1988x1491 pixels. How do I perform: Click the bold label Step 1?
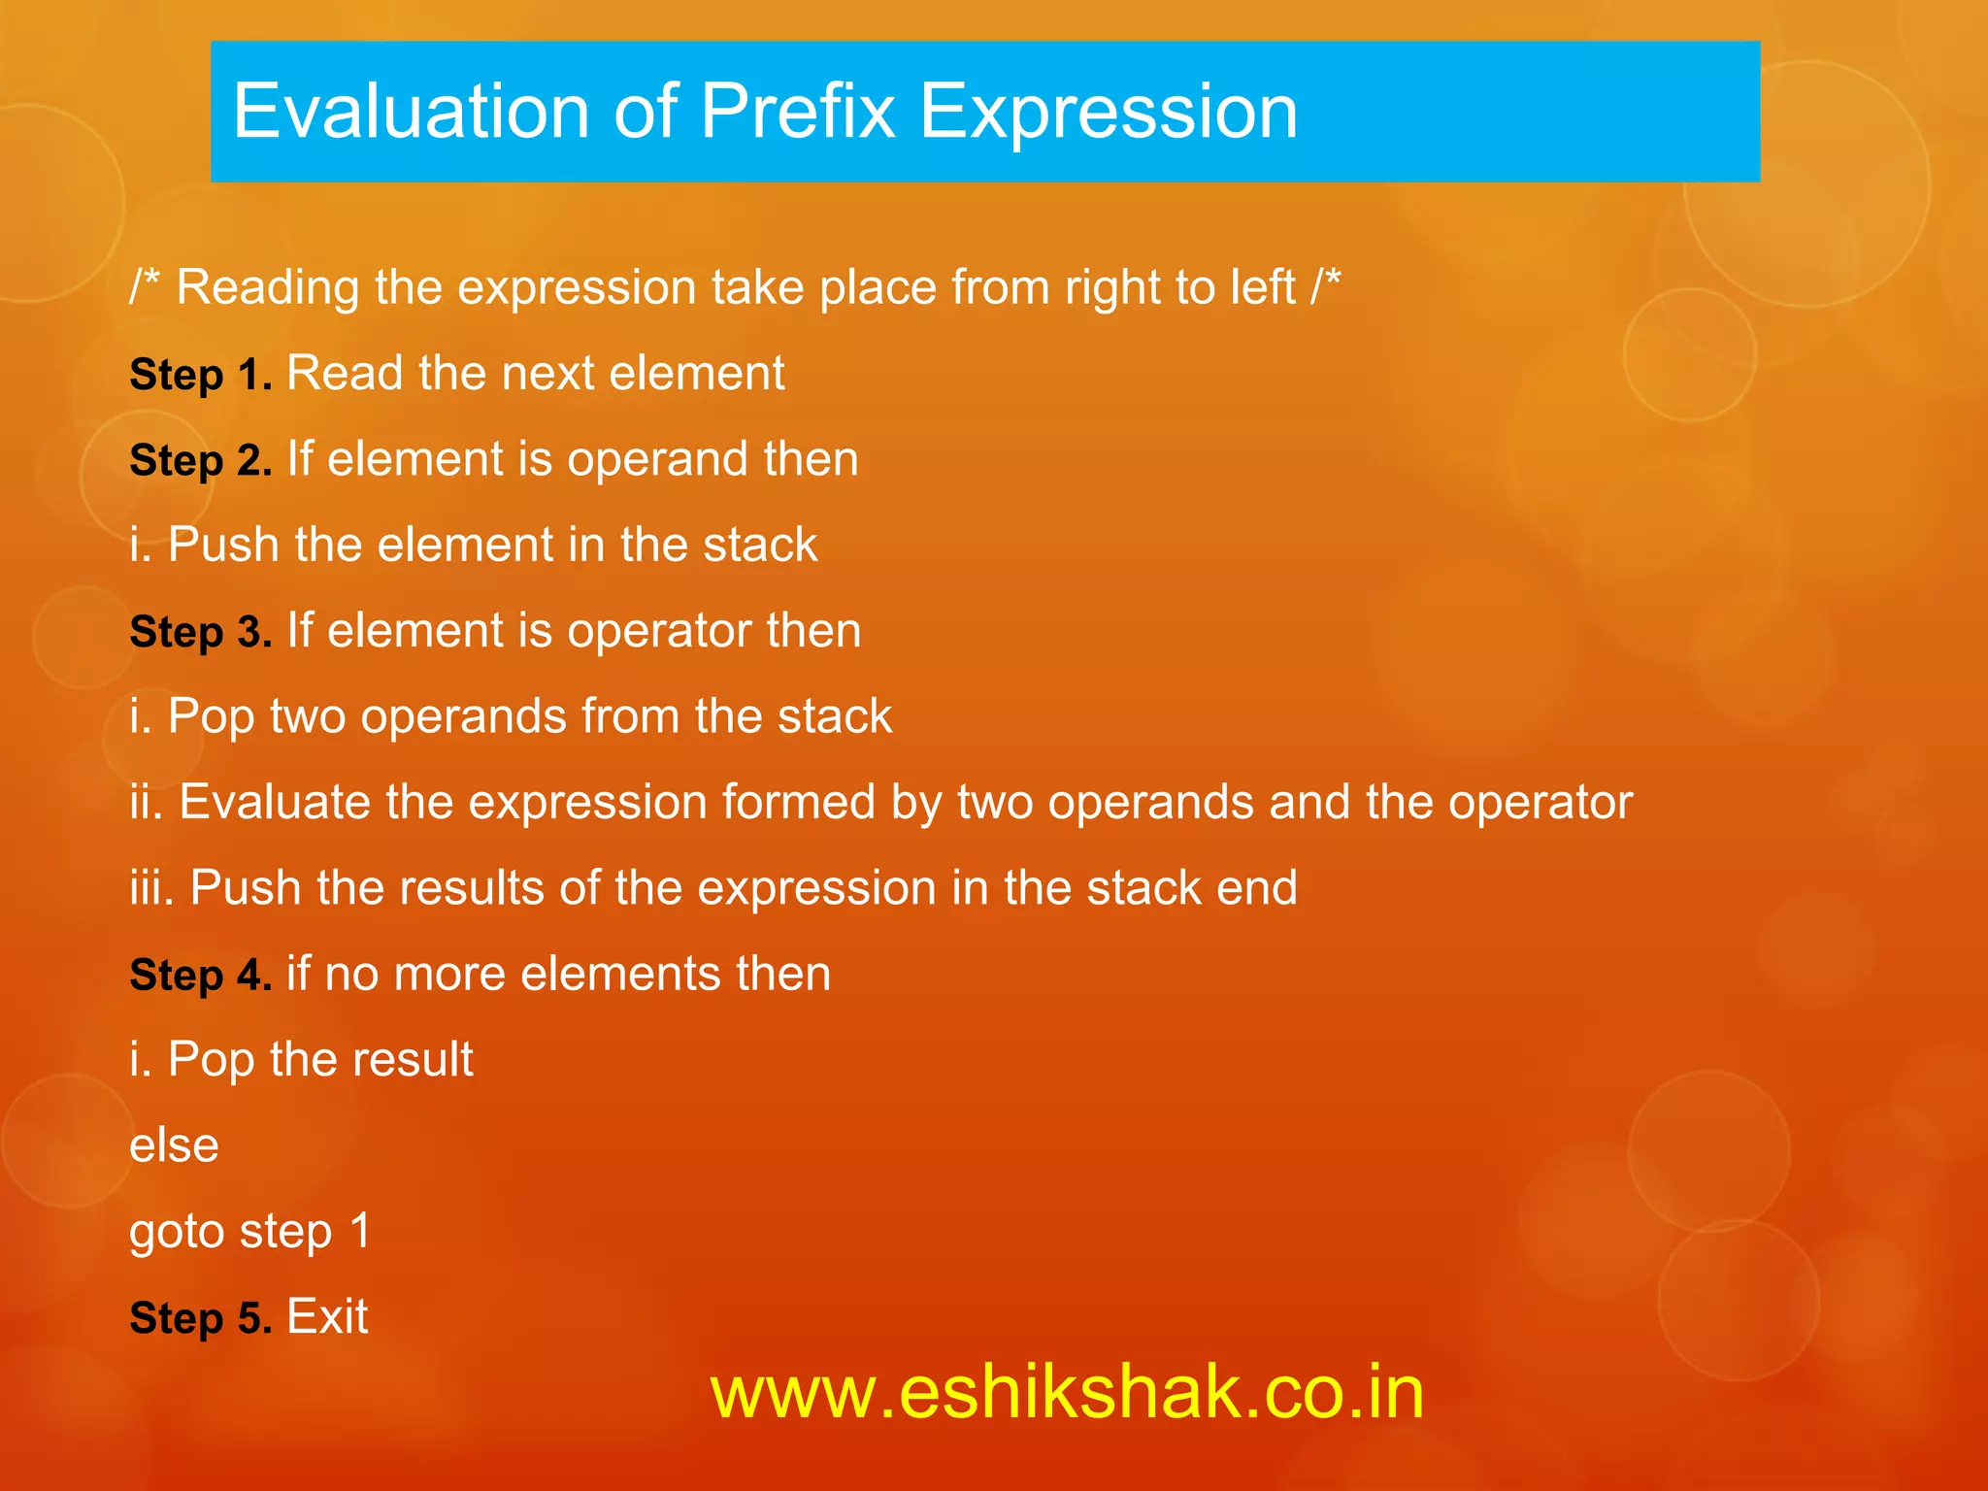tap(201, 375)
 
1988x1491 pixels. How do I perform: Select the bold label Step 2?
tap(201, 460)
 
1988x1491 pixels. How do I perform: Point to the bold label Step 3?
tap(201, 632)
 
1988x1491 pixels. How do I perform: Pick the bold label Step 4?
tap(201, 975)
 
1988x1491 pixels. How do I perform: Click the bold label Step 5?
tap(201, 1318)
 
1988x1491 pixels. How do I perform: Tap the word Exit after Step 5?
tap(327, 1317)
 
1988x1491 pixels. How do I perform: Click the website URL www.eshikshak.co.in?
tap(1067, 1392)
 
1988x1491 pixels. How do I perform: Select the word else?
tap(174, 1145)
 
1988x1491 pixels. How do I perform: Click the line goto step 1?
tap(250, 1232)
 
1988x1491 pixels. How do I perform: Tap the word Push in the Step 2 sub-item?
tap(223, 545)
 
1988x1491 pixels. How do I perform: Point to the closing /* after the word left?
tap(1325, 286)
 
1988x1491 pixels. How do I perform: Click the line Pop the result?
tap(301, 1059)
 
